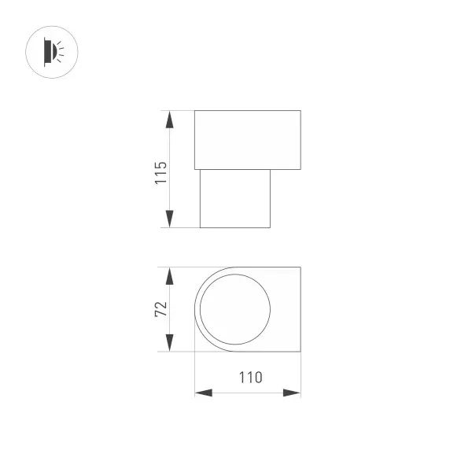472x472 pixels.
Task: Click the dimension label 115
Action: click(x=160, y=173)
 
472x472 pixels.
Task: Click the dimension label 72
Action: click(x=160, y=308)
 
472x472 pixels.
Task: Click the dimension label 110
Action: click(x=250, y=378)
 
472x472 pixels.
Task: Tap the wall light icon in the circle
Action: click(x=53, y=52)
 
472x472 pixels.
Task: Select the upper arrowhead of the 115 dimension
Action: click(x=169, y=120)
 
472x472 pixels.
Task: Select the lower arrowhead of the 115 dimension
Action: click(x=169, y=219)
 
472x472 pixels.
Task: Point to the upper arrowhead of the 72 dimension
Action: click(x=169, y=276)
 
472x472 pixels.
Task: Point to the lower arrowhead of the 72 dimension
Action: click(x=169, y=342)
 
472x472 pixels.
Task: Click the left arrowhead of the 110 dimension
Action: click(x=204, y=393)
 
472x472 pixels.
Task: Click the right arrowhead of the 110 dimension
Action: click(x=292, y=393)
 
